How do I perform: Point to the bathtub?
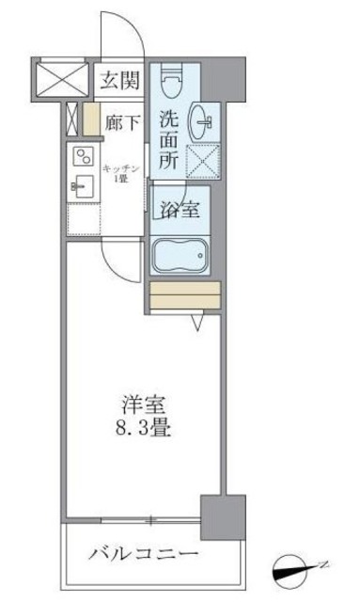184,255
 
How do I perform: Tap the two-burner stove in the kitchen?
83,157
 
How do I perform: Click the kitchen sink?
81,186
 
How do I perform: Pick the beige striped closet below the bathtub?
184,296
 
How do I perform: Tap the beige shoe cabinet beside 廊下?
91,120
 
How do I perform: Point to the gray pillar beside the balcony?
221,517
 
